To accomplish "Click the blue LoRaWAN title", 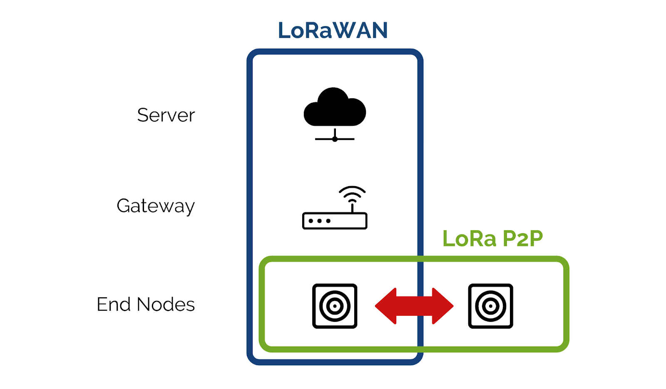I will pos(333,30).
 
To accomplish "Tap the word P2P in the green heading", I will pos(522,239).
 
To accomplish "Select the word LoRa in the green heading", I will pos(469,239).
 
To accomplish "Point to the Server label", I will pos(166,115).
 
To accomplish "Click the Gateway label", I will pos(156,206).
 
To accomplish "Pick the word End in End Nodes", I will pos(113,304).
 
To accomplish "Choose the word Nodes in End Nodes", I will pos(166,304).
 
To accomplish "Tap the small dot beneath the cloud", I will pos(335,139).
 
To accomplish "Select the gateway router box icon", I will pos(335,221).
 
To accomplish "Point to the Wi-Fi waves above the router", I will pos(352,193).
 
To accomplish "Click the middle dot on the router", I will pos(320,221).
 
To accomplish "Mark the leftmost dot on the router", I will pos(311,221).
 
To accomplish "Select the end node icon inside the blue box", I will pos(335,306).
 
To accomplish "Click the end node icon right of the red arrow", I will pos(490,306).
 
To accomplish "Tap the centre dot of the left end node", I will pos(335,306).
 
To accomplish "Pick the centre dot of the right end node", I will pos(490,306).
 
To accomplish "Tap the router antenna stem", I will pos(352,207).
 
